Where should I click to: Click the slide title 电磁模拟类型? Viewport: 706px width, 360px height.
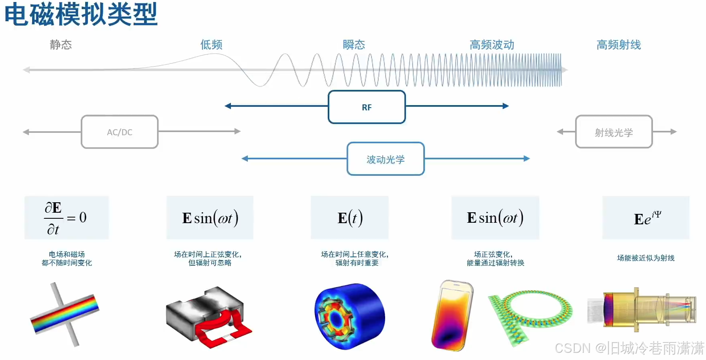(81, 14)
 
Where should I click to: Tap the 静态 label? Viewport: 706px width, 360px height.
(61, 45)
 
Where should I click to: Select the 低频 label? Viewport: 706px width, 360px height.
(211, 45)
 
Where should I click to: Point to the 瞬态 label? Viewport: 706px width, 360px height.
(354, 45)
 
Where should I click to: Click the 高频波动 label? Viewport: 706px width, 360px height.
(492, 45)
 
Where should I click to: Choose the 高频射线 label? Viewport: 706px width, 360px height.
(618, 45)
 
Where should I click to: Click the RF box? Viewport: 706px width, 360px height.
(367, 107)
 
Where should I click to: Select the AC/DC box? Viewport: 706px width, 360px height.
(120, 132)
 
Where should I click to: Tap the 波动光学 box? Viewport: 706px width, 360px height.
(386, 159)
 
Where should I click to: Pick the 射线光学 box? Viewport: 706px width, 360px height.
(614, 132)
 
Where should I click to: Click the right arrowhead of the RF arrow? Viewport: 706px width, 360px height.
(506, 106)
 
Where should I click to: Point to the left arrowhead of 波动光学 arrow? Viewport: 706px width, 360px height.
(245, 159)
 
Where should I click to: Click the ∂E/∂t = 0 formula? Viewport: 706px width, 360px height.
(66, 218)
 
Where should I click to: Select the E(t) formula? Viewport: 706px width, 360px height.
(350, 218)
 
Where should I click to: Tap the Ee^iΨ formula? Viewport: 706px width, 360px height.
(646, 218)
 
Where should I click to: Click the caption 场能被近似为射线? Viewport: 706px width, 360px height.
(646, 258)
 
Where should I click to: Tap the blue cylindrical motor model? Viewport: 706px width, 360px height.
(349, 316)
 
